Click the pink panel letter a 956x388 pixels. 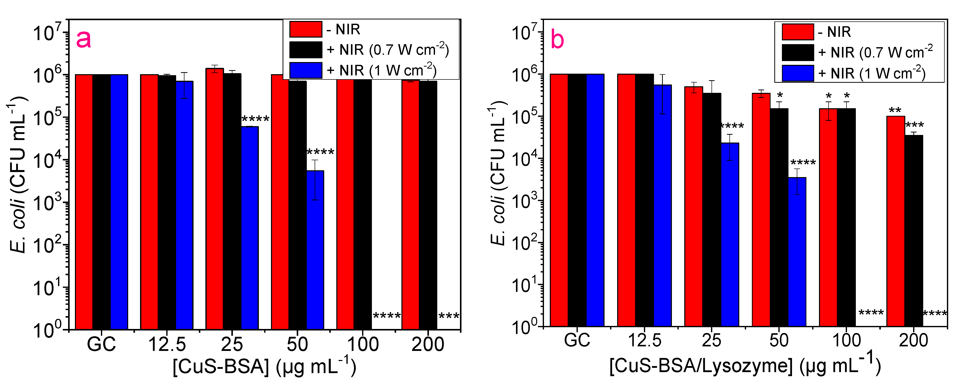coord(84,39)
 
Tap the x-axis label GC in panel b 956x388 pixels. coord(577,340)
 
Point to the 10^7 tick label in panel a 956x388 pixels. coord(47,33)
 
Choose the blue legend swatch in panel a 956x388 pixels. coord(306,70)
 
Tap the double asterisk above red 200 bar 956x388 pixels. coord(895,110)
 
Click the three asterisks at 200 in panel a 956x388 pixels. coord(449,316)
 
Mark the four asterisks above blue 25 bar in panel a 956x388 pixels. coord(255,119)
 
